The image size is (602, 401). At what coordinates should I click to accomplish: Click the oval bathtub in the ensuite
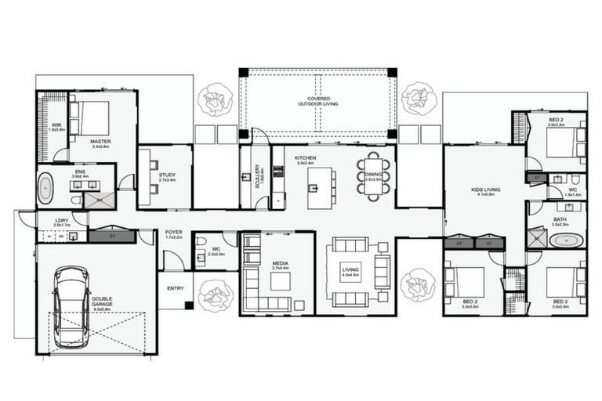[46, 190]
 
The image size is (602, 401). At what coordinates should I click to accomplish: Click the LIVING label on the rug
[350, 272]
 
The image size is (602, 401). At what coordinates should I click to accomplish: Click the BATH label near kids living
[559, 222]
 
